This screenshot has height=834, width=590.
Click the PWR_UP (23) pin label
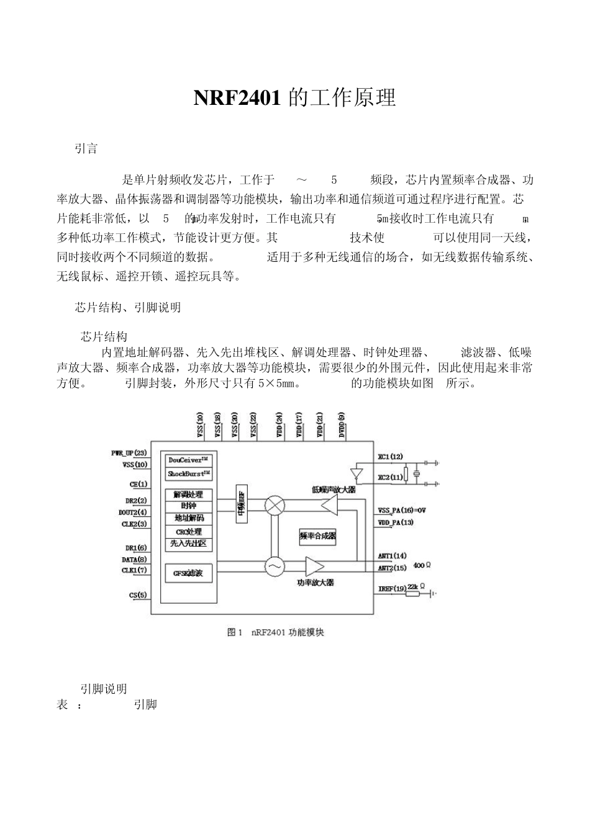(129, 453)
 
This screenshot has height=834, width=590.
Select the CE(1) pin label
(138, 484)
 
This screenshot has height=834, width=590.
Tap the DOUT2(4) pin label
(133, 512)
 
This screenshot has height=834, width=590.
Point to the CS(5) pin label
(138, 596)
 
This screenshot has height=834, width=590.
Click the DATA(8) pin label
(134, 559)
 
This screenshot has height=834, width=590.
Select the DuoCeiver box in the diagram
(189, 460)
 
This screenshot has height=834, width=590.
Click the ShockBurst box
(189, 474)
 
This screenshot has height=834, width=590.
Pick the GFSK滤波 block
(188, 573)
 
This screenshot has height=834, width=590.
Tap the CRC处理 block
(189, 532)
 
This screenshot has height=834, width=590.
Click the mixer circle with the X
(274, 505)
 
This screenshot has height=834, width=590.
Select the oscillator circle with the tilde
(274, 566)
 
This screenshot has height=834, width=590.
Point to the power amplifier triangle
(314, 566)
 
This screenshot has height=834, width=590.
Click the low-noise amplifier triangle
(329, 505)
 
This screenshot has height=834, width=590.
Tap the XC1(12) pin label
(391, 457)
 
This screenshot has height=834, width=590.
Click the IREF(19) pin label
(392, 588)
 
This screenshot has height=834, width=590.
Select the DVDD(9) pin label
(342, 426)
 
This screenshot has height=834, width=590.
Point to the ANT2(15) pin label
(392, 568)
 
